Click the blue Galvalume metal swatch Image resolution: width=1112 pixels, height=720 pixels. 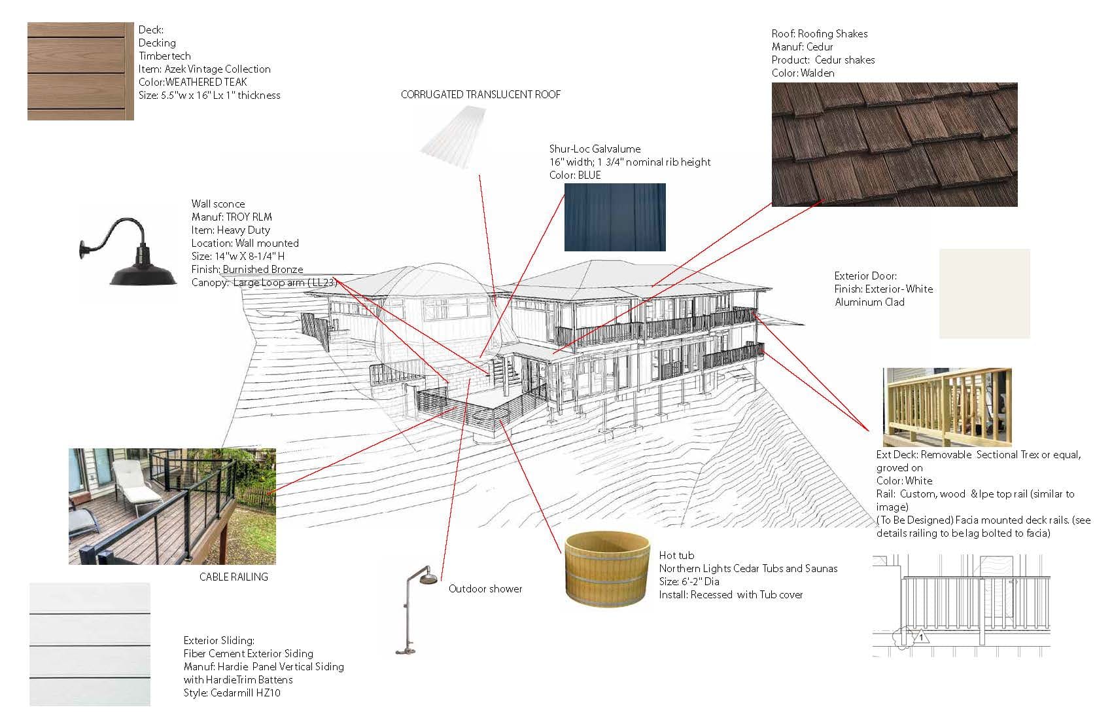point(615,217)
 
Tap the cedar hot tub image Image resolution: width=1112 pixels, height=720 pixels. point(608,571)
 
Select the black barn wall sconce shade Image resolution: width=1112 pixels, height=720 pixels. point(143,272)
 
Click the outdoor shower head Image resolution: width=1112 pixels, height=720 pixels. point(428,580)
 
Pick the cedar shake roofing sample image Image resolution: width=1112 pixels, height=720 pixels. point(894,144)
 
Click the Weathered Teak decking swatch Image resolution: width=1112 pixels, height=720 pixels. point(80,71)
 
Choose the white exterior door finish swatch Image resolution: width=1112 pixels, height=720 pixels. point(984,293)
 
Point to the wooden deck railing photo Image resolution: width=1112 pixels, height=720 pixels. point(947,406)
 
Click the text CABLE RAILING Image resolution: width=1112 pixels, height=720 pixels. point(234,577)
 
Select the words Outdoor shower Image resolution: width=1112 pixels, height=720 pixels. point(485,588)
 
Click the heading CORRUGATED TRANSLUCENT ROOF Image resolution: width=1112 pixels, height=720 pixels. point(480,94)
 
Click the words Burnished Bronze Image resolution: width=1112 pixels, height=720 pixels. point(263,269)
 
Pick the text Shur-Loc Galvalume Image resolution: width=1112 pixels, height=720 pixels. point(595,149)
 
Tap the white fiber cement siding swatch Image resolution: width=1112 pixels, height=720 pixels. point(90,644)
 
